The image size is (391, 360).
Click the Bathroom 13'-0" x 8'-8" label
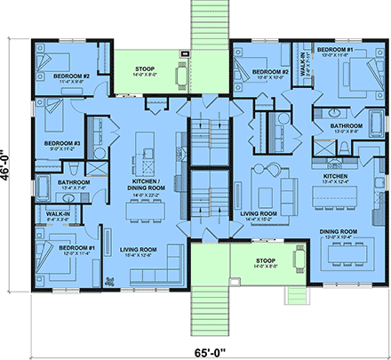[x=346, y=129]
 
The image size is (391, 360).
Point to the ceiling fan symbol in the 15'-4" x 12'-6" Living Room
[x=109, y=282]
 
